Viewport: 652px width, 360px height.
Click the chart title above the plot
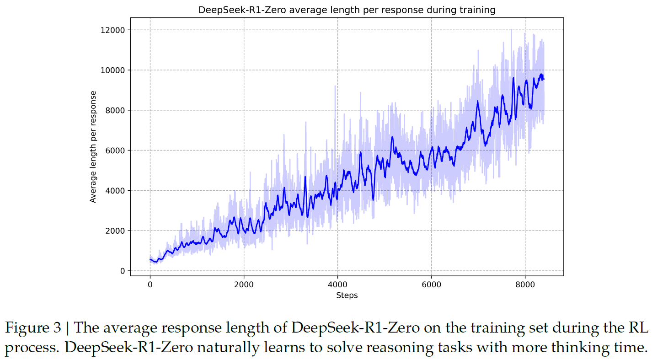click(x=347, y=10)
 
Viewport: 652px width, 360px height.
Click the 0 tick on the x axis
click(x=150, y=284)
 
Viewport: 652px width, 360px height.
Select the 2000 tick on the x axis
click(x=244, y=284)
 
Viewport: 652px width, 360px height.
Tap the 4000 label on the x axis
click(x=337, y=284)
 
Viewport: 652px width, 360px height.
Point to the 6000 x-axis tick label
click(x=431, y=284)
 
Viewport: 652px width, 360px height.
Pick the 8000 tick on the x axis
click(x=525, y=284)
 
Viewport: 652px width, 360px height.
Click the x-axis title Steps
click(x=347, y=296)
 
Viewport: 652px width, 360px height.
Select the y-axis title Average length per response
click(x=93, y=147)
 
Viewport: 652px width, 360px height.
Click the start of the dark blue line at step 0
click(x=150, y=259)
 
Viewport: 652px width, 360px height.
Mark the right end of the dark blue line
click(x=544, y=79)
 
